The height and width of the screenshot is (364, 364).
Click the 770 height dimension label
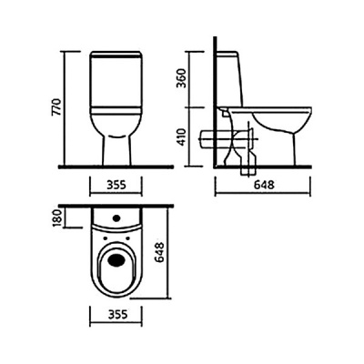coord(56,106)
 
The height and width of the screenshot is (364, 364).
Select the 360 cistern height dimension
coord(181,78)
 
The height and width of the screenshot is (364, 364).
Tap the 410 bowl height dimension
coord(181,136)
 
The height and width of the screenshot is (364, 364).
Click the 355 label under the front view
coord(116,185)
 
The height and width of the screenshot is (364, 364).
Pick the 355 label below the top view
coord(117,314)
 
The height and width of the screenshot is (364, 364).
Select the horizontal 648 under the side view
coord(264,185)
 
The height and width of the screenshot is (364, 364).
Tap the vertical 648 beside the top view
coord(158,252)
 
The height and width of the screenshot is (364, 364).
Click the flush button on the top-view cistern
coord(116,217)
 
